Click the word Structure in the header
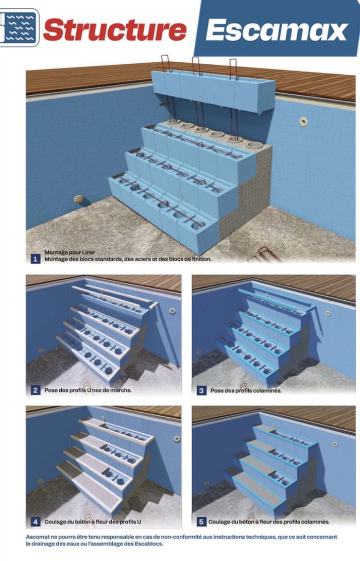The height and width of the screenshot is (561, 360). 114,29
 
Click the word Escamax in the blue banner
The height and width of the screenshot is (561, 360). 277,30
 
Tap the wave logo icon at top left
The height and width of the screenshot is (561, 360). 19,27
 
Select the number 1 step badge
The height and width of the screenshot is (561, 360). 35,259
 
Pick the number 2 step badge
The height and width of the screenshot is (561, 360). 35,390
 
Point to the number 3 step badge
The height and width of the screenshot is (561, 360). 201,390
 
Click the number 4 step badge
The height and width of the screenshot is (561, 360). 35,522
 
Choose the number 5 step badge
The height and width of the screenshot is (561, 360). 201,522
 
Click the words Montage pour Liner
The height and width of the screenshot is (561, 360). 70,252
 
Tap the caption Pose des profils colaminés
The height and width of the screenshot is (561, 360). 246,390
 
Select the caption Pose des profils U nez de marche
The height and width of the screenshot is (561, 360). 88,390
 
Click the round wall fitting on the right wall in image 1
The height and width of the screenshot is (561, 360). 303,122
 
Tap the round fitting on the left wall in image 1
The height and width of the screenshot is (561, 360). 78,199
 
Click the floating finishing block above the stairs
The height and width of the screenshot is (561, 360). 213,91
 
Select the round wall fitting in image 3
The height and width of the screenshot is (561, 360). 328,313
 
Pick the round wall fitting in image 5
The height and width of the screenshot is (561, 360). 335,444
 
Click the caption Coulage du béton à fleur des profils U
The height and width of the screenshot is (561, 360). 93,522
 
